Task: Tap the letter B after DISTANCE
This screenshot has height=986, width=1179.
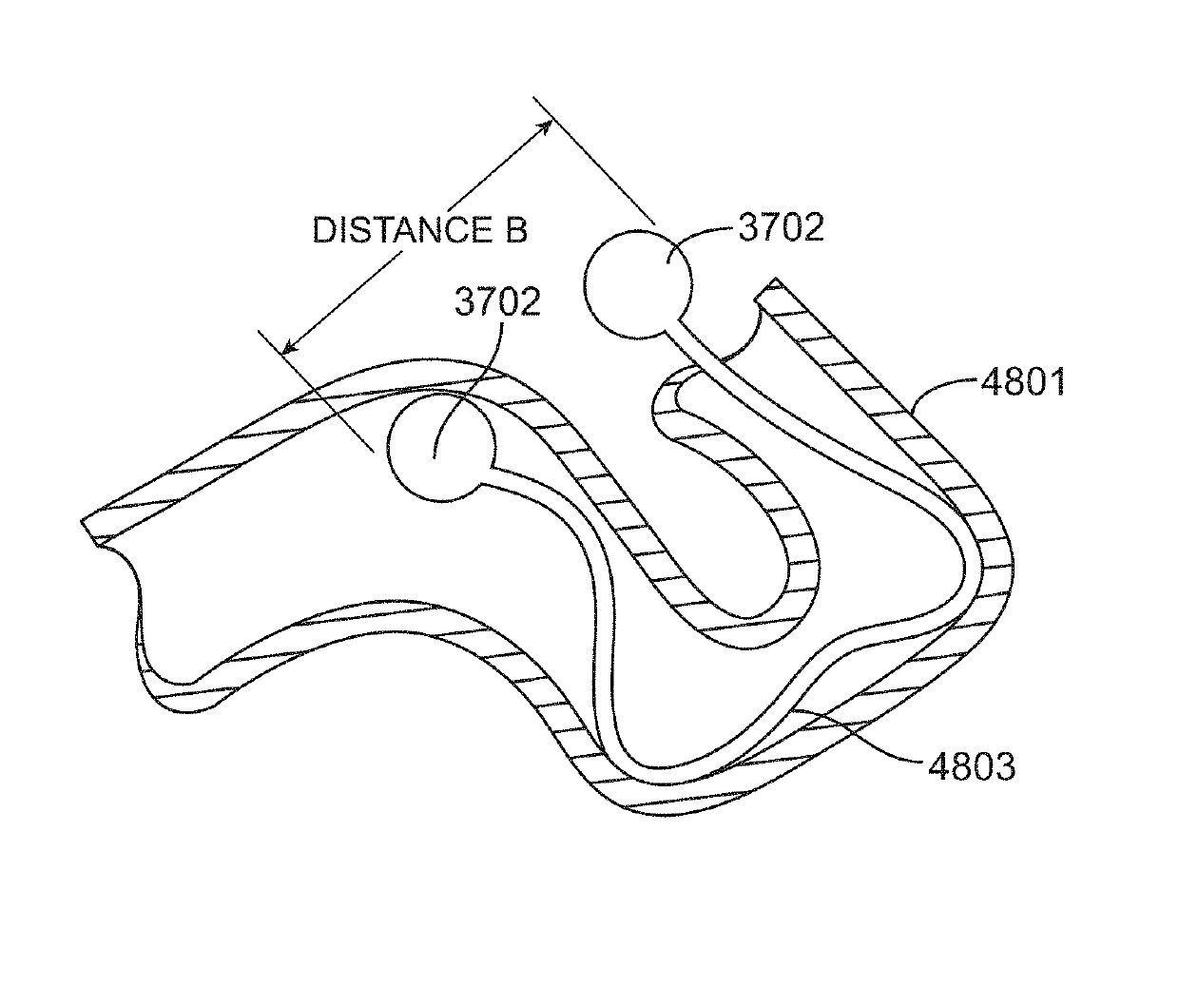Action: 515,230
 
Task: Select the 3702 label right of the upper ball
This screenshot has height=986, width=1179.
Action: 780,227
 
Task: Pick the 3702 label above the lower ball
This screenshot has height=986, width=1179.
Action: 497,301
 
